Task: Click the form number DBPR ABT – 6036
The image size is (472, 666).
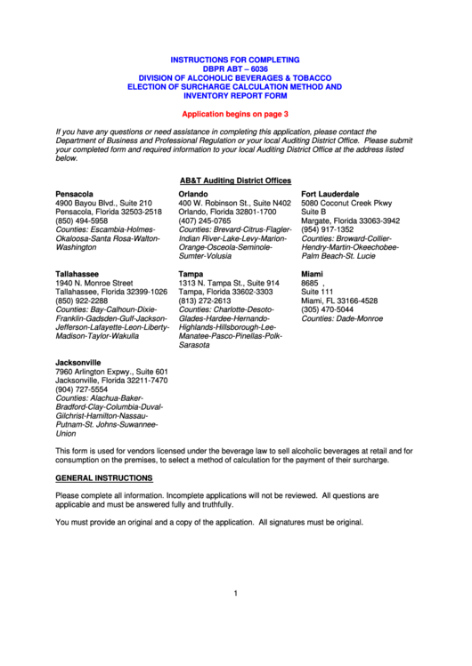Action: point(235,68)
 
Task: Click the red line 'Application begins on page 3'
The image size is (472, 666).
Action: point(235,115)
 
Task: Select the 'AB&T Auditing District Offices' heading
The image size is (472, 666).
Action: point(235,180)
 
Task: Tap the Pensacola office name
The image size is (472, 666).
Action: point(74,194)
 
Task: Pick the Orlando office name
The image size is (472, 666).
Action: point(193,194)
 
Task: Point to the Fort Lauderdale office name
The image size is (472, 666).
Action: point(330,194)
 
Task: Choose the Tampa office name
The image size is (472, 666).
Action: point(191,274)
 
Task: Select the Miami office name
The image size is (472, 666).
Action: point(312,274)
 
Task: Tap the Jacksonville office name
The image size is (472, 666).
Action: point(78,363)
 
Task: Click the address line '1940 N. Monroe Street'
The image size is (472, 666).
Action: point(94,283)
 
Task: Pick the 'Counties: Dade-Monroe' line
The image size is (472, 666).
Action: point(342,318)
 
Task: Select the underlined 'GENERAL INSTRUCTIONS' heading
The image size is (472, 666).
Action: point(104,478)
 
